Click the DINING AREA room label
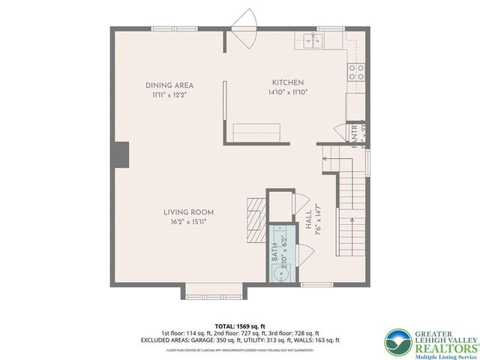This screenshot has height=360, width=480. pyautogui.click(x=169, y=85)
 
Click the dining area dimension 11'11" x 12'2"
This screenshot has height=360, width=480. pyautogui.click(x=169, y=95)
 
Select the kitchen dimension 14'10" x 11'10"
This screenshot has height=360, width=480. pyautogui.click(x=288, y=92)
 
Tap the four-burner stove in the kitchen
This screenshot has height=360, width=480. pyautogui.click(x=356, y=73)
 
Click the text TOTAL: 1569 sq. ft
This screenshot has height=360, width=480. pyautogui.click(x=240, y=326)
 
